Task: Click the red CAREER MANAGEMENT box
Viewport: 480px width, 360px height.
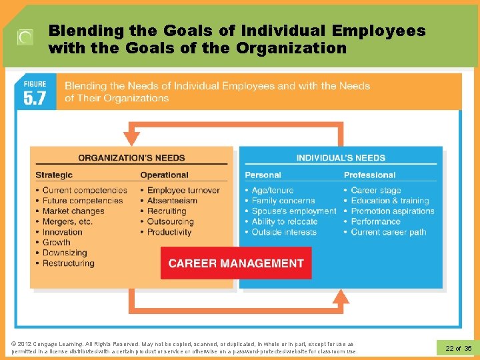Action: pos(236,263)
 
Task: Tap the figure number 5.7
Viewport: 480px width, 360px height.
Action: pos(35,98)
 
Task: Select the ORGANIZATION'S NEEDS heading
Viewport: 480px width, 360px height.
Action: pos(131,158)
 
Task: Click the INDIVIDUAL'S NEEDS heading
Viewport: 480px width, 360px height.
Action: pos(341,158)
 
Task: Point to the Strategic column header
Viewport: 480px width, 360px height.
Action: pos(54,175)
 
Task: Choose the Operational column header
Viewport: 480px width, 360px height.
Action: pos(164,175)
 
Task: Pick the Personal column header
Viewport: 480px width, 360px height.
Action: pos(263,175)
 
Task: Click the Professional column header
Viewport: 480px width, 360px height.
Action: pos(369,175)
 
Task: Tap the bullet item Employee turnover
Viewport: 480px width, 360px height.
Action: pos(183,190)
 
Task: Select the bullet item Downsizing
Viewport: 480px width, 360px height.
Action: pos(65,253)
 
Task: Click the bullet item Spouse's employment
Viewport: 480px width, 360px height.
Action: pos(293,211)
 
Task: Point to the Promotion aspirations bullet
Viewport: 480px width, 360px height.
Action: pos(393,211)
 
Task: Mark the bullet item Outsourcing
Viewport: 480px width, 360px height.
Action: pos(170,221)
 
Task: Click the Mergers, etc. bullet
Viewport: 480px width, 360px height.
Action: pos(67,221)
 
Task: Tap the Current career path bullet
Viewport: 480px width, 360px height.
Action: pos(389,232)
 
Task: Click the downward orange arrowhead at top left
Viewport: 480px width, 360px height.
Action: pos(132,138)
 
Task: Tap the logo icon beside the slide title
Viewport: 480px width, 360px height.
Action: pos(25,38)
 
